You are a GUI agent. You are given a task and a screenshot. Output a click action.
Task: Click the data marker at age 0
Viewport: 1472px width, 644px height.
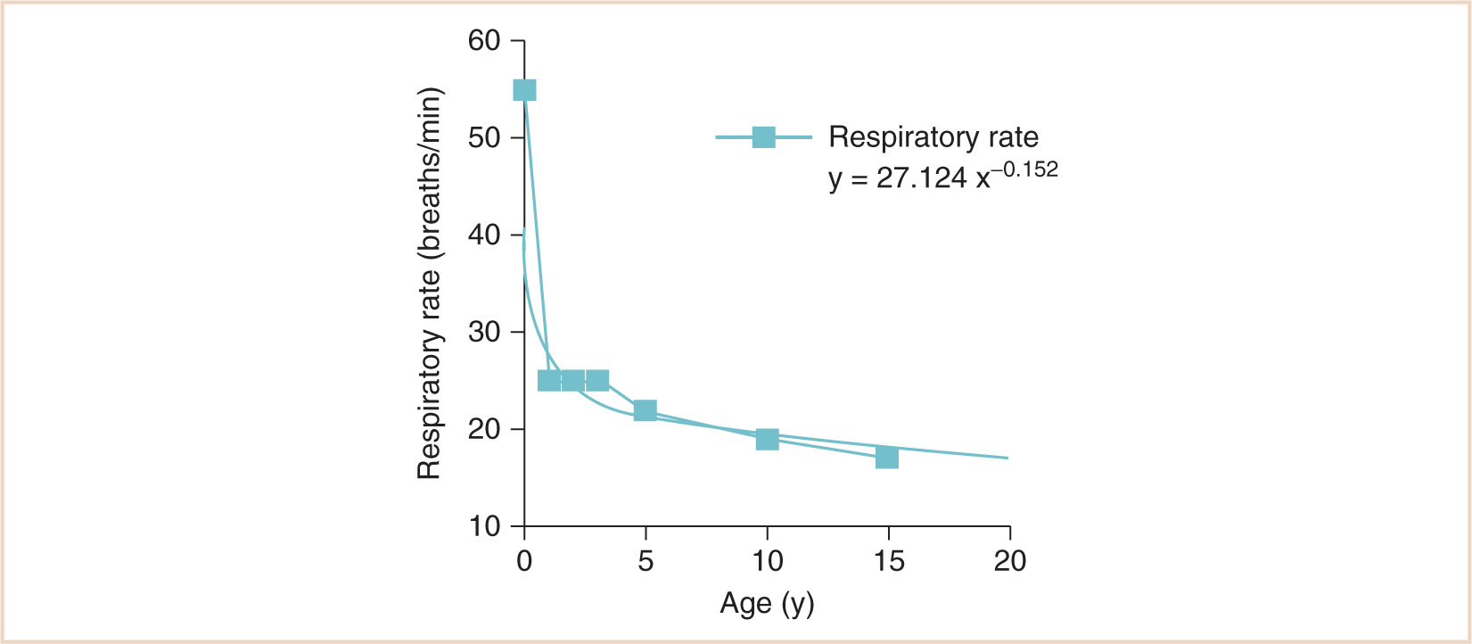coord(524,90)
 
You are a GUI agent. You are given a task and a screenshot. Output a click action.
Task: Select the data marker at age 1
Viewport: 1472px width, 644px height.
coord(549,381)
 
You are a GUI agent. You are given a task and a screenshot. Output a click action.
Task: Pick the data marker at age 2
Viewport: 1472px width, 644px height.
coord(573,381)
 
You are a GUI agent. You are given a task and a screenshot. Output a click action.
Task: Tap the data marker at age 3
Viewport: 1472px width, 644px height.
coord(597,381)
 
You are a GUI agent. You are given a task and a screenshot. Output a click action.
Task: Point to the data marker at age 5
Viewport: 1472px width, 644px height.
coord(645,410)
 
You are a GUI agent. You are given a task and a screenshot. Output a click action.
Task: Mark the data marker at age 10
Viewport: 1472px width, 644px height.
coord(767,439)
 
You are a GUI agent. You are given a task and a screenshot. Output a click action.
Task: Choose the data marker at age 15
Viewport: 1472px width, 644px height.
coord(886,458)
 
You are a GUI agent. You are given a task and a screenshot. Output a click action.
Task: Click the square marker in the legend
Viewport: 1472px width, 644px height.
coord(764,137)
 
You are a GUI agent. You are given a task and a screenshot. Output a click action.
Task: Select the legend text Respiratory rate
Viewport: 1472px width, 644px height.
coord(933,137)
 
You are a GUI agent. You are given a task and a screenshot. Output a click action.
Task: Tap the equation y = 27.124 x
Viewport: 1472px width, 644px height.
coord(909,178)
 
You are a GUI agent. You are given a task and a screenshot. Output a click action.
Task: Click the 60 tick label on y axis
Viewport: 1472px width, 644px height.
coord(485,41)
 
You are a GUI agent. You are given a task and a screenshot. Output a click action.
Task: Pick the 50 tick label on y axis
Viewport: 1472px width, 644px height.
coord(485,138)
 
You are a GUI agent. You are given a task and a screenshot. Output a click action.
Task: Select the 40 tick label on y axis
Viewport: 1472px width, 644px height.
coord(485,235)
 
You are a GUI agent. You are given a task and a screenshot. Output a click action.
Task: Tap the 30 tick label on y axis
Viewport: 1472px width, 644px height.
coord(485,333)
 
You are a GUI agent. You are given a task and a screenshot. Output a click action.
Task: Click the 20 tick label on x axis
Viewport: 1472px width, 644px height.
coord(1009,561)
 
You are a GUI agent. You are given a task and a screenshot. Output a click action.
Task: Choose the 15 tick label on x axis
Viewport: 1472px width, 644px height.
coord(888,561)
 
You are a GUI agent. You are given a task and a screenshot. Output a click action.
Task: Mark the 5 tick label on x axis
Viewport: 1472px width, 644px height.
coord(646,561)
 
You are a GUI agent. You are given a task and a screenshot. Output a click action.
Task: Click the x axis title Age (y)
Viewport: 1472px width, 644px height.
coord(767,604)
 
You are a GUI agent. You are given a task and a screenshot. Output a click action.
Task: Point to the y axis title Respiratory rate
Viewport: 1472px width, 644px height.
coord(430,284)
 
